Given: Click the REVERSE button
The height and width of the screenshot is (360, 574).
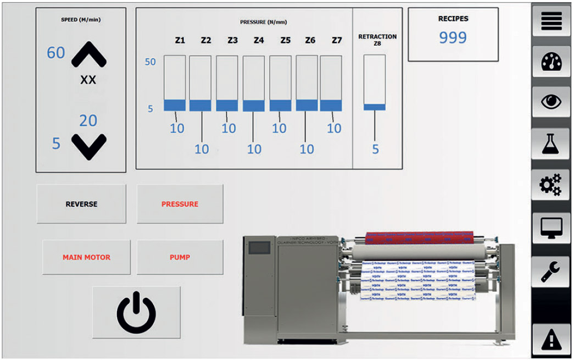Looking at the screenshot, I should pyautogui.click(x=81, y=204).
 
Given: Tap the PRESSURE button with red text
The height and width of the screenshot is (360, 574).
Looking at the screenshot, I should pyautogui.click(x=180, y=204).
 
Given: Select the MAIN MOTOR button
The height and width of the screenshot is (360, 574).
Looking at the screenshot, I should pyautogui.click(x=86, y=257).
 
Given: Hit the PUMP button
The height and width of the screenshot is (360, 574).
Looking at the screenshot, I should pyautogui.click(x=180, y=257).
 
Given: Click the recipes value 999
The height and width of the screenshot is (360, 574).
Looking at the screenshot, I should pyautogui.click(x=453, y=38).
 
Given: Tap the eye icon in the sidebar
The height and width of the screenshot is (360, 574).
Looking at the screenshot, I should pyautogui.click(x=551, y=102).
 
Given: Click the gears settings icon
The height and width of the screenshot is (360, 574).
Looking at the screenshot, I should pyautogui.click(x=551, y=185).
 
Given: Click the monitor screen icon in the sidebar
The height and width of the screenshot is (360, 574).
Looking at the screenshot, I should pyautogui.click(x=551, y=228).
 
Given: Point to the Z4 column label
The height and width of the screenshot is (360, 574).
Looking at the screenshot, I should pyautogui.click(x=259, y=40).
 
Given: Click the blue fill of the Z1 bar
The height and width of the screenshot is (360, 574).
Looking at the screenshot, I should pyautogui.click(x=175, y=105).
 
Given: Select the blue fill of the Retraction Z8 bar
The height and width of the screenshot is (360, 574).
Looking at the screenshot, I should pyautogui.click(x=375, y=107).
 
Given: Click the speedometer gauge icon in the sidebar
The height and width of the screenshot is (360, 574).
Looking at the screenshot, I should pyautogui.click(x=551, y=62).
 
